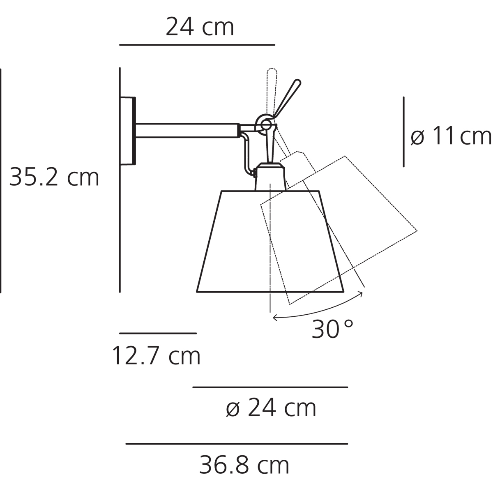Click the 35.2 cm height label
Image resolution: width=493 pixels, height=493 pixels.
tap(54, 177)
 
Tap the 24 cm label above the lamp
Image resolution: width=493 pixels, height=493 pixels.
tap(200, 27)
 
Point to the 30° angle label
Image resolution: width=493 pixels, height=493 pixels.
tap(332, 329)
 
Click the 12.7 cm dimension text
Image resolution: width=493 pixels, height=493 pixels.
tap(156, 355)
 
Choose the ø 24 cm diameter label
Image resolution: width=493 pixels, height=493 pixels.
tap(271, 408)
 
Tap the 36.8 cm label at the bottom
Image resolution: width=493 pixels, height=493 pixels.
tap(244, 465)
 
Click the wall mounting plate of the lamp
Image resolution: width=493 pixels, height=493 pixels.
tap(128, 131)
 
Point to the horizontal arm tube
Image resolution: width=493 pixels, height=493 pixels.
tap(187, 131)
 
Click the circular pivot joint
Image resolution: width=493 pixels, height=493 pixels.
tap(266, 125)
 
